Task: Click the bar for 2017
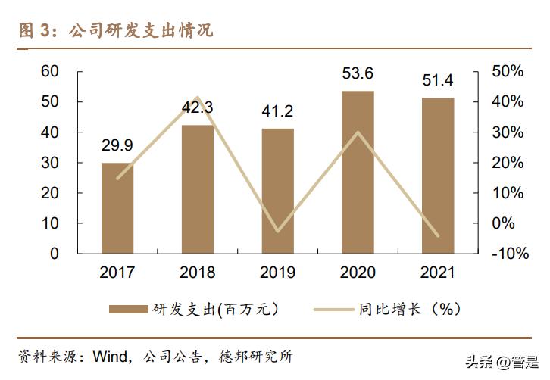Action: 117,207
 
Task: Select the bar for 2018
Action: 197,188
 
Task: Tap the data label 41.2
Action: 277,111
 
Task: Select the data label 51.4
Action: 438,80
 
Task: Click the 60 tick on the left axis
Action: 49,71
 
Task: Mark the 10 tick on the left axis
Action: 49,223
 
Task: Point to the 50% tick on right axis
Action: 508,71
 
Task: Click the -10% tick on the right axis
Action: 509,254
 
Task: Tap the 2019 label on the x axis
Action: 277,273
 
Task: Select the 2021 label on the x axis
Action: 438,273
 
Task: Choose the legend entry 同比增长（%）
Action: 409,309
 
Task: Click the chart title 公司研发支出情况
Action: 140,31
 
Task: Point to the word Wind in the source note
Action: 108,356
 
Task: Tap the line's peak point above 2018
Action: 197,98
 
